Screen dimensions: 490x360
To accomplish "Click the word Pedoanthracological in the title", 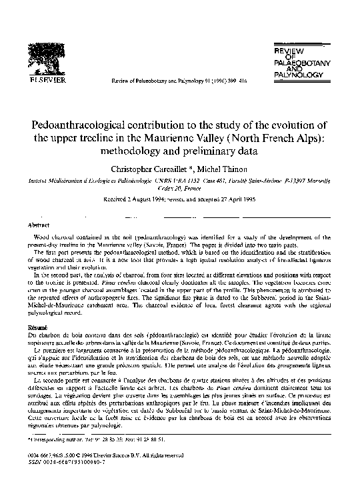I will point(75,127).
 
